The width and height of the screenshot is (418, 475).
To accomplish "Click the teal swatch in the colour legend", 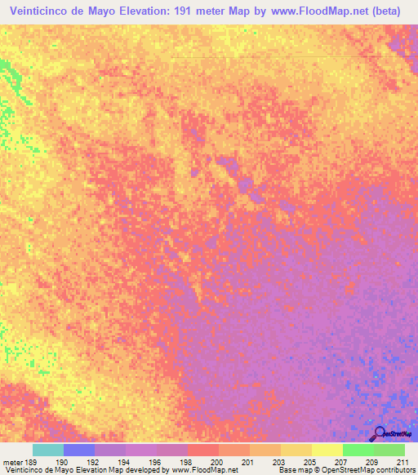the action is click(x=48, y=450).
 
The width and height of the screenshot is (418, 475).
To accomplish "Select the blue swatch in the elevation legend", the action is click(x=79, y=450).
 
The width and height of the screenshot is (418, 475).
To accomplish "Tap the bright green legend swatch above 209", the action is click(x=358, y=450).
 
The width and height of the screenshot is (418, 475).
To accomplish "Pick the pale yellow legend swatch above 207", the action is click(x=327, y=450).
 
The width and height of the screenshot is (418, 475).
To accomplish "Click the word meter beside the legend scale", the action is click(x=12, y=461).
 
